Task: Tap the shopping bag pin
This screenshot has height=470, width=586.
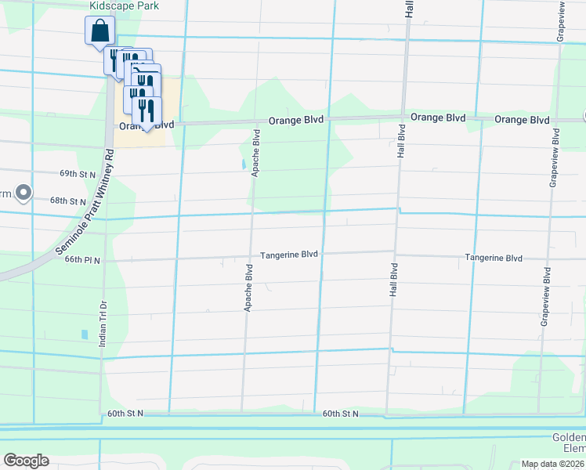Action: click(99, 32)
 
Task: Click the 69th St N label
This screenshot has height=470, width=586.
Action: click(78, 174)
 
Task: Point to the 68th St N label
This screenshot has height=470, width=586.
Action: click(67, 201)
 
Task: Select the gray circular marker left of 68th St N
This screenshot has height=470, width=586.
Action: click(24, 192)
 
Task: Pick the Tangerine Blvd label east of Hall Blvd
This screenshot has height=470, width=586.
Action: click(493, 258)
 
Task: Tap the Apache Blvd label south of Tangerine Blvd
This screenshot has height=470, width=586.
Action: click(248, 288)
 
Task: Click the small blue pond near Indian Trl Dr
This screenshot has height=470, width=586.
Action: click(85, 334)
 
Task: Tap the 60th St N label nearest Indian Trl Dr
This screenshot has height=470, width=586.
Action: click(119, 413)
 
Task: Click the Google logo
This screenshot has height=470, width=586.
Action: click(26, 461)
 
